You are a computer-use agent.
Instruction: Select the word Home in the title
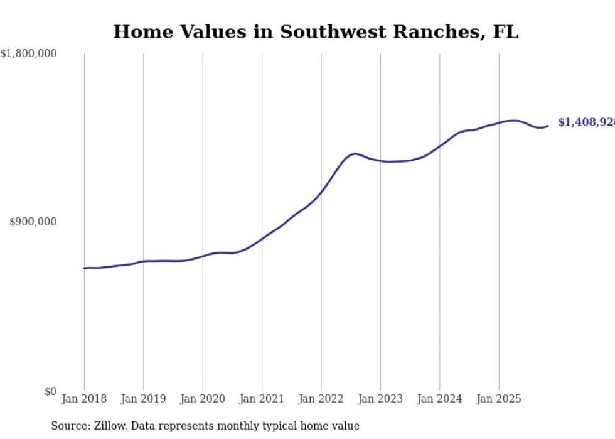coord(139,32)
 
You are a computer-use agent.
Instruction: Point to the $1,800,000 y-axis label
coord(28,54)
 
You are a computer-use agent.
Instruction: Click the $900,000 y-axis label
coord(33,222)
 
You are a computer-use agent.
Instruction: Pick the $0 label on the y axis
coord(50,392)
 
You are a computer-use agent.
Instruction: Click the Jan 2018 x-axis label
coord(84,399)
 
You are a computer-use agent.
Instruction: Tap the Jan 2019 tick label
coord(144,399)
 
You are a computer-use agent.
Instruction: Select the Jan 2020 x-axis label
coord(203,399)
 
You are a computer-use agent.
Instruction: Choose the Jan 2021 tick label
coord(262,399)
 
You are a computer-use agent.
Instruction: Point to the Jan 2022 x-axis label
coord(321,399)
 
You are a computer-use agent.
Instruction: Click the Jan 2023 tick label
coord(380,399)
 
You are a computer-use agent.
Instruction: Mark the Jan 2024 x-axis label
coord(440,399)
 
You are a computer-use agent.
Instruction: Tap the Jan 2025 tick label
coord(499,399)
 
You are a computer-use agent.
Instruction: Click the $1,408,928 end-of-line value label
coord(586,122)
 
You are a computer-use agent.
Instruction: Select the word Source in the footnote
coord(70,426)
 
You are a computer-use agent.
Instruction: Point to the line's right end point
coord(548,126)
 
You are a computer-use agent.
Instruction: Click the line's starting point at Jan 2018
coord(84,268)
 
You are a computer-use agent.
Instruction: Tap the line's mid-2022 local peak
coord(355,153)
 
